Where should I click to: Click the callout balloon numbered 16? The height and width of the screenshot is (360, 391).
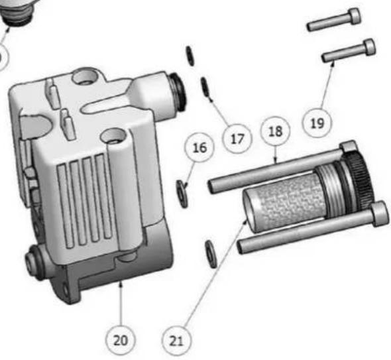click(199, 147)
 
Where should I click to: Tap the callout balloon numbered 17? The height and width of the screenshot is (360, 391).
click(237, 139)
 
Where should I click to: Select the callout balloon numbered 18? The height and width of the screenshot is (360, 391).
click(275, 131)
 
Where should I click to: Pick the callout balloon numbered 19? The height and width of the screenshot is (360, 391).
click(317, 123)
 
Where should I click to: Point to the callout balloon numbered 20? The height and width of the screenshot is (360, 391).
click(121, 340)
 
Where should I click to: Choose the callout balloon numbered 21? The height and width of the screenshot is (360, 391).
click(176, 341)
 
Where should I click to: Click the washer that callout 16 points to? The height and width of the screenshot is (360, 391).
click(182, 194)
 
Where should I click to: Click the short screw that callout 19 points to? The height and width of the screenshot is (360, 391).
click(349, 50)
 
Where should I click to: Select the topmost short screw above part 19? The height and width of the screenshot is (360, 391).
click(334, 20)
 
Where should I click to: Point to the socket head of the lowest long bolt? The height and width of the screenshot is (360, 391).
click(379, 213)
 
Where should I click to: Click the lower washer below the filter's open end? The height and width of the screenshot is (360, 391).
click(211, 253)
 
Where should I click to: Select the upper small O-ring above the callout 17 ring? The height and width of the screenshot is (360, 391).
click(191, 56)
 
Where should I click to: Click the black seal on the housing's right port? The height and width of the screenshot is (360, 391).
click(179, 91)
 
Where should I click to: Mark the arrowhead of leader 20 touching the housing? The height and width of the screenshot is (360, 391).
click(121, 283)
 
